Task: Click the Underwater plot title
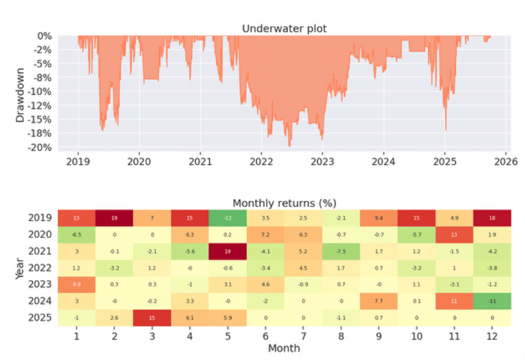(284, 29)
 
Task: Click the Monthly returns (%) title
(284, 203)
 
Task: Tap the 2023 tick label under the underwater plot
(322, 161)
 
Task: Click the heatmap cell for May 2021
(228, 251)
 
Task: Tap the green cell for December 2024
(491, 301)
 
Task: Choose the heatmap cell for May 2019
(228, 218)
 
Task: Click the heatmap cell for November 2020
(454, 234)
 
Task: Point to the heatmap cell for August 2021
(341, 251)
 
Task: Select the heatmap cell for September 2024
(378, 301)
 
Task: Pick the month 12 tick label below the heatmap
(491, 337)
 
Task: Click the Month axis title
(284, 348)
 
